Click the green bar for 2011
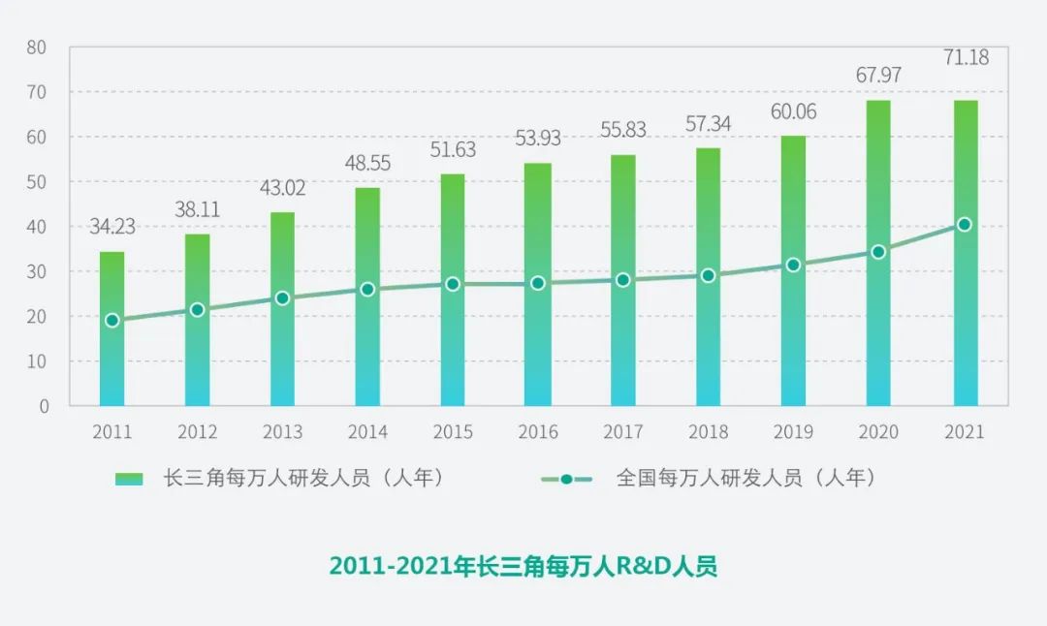(111, 329)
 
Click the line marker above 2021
(964, 225)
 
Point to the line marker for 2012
(197, 310)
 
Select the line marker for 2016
(538, 283)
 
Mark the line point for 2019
(793, 265)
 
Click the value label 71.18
(966, 57)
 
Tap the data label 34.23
(112, 227)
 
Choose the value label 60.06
(793, 111)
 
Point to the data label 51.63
(453, 149)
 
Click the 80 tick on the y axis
(38, 47)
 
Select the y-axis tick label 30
(38, 271)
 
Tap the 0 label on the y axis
(44, 406)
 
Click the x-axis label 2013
(282, 432)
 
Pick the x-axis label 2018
(708, 432)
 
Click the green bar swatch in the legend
(129, 479)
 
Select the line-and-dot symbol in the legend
(567, 479)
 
